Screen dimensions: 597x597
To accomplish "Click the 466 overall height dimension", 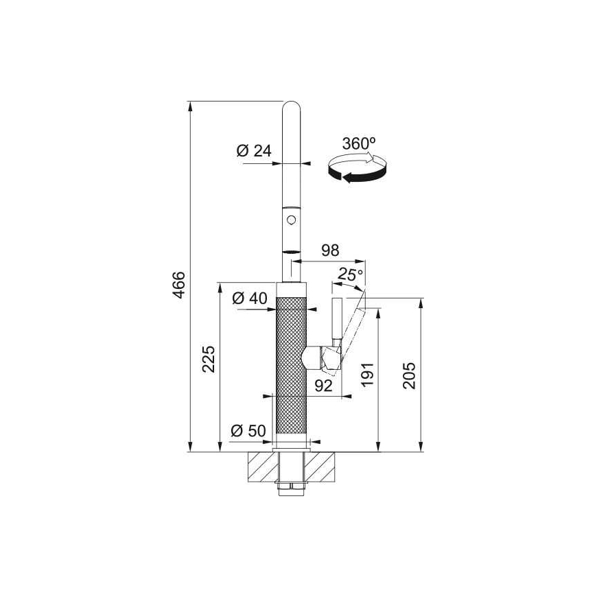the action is point(179,285).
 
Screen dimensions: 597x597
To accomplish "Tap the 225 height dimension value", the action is point(209,359).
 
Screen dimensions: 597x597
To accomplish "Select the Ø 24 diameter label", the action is point(254,151).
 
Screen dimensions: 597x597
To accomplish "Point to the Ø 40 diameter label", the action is point(250,298).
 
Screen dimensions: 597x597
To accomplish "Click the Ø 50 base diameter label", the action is point(248,431).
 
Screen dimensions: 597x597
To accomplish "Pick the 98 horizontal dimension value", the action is point(330,250).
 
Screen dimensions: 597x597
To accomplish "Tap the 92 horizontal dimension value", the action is point(324,386).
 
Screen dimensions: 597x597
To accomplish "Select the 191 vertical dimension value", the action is point(368,375).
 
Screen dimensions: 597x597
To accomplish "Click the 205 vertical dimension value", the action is point(410,375).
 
